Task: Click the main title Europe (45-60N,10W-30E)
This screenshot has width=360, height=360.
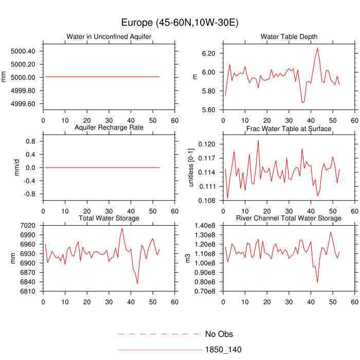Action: click(x=179, y=23)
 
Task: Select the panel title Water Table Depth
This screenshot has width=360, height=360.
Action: click(x=289, y=37)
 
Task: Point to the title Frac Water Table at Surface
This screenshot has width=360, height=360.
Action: click(x=289, y=129)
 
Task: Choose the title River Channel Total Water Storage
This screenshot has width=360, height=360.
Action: click(x=289, y=219)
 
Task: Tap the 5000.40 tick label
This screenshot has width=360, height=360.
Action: click(x=23, y=51)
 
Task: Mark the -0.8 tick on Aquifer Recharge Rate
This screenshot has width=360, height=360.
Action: click(x=30, y=194)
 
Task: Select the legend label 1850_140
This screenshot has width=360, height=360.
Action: click(x=223, y=350)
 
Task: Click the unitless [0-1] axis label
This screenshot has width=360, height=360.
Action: click(x=192, y=167)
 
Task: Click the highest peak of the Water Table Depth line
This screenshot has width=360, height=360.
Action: click(x=317, y=48)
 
